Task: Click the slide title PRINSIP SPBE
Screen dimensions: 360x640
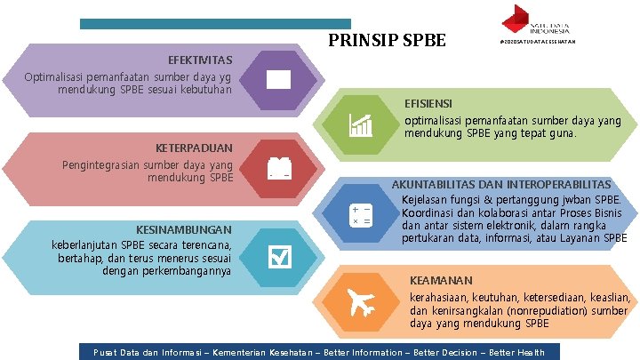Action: pyautogui.click(x=387, y=41)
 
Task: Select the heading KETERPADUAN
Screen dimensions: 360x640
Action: pyautogui.click(x=194, y=148)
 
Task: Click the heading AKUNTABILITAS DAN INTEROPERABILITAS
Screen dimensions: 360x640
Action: pyautogui.click(x=501, y=184)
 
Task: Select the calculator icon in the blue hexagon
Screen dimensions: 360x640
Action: pyautogui.click(x=361, y=214)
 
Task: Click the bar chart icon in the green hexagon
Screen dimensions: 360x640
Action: pyautogui.click(x=361, y=125)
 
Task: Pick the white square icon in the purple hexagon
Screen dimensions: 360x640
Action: pyautogui.click(x=278, y=79)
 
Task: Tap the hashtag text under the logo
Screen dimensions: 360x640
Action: pyautogui.click(x=540, y=42)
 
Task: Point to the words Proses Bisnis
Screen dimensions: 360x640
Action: pyautogui.click(x=598, y=213)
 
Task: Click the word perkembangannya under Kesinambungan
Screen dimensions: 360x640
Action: pyautogui.click(x=185, y=270)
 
